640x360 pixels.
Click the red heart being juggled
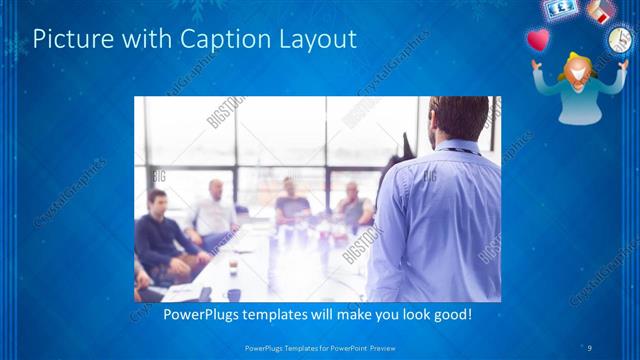(x=538, y=40)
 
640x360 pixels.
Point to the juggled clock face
(x=619, y=40)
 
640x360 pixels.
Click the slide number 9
(x=591, y=347)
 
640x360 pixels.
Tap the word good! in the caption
(x=450, y=314)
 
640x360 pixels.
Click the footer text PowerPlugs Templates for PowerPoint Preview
(x=319, y=347)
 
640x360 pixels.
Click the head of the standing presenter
(x=459, y=119)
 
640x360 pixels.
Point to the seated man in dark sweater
(x=160, y=235)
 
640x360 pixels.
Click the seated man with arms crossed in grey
(x=291, y=204)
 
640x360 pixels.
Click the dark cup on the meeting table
(x=232, y=294)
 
